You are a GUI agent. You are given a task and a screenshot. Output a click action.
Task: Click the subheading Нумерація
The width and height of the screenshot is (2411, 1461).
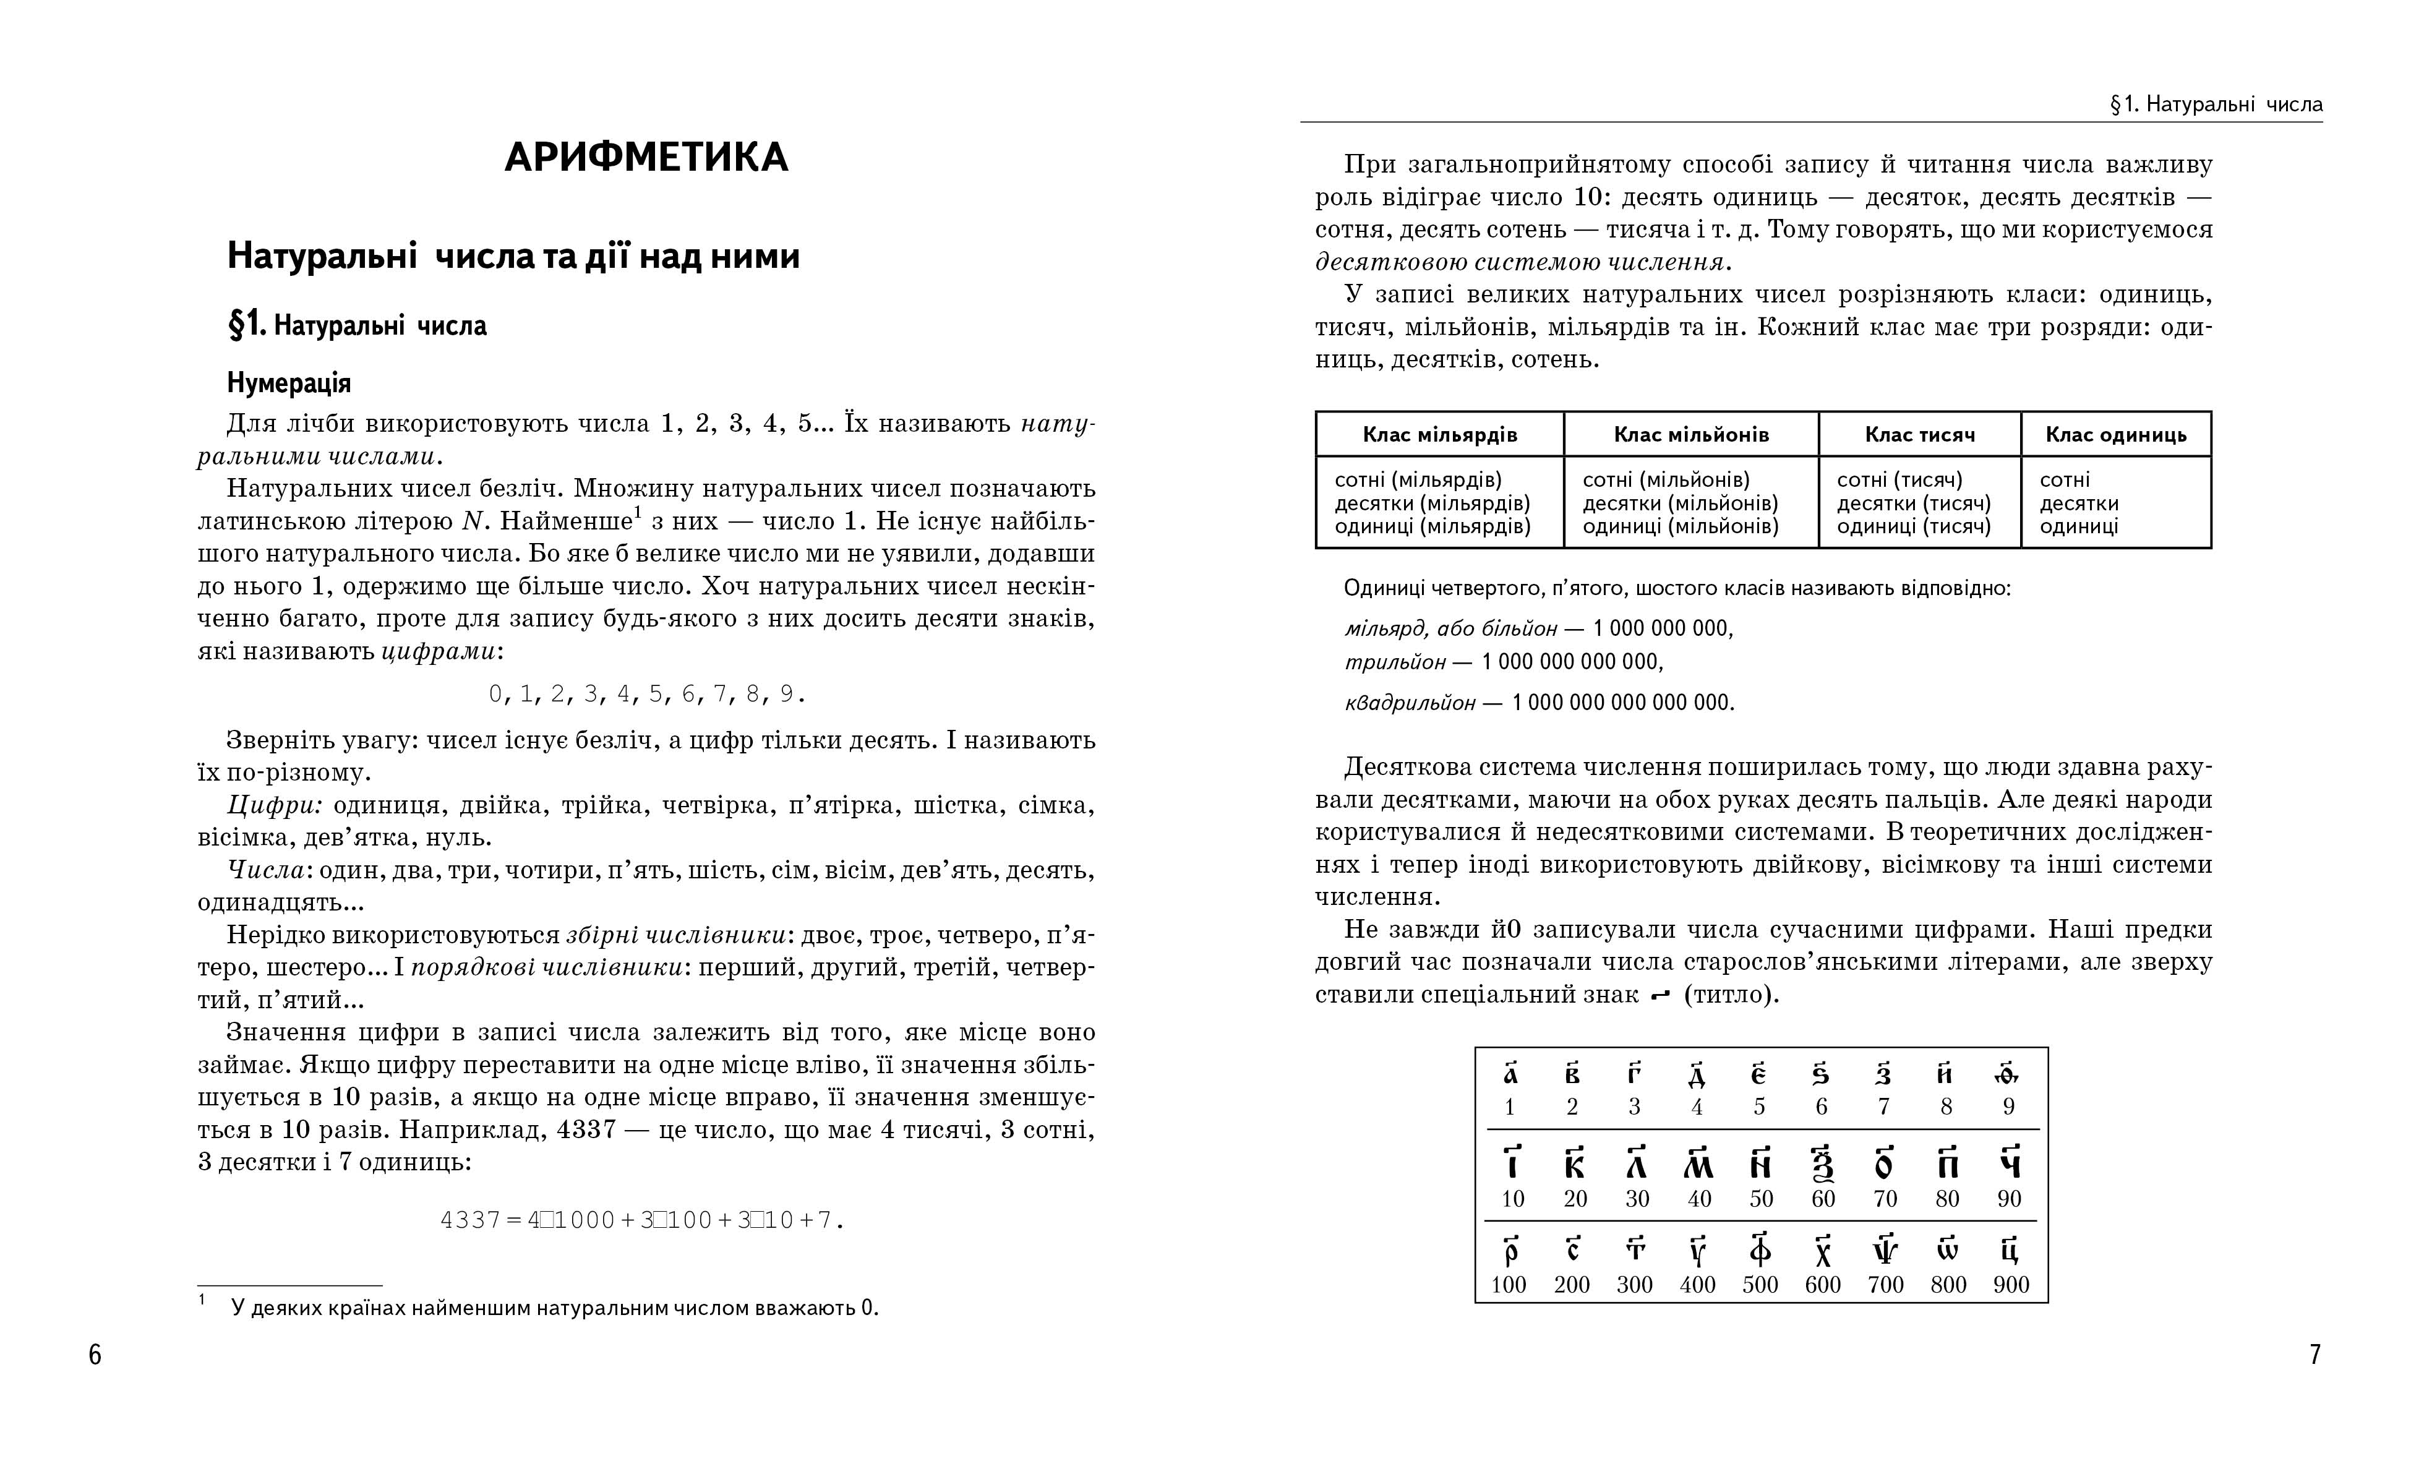289,383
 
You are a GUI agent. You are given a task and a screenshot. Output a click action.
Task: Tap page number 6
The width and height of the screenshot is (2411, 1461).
95,1355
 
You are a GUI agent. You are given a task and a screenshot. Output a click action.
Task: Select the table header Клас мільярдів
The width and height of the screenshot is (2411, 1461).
1439,434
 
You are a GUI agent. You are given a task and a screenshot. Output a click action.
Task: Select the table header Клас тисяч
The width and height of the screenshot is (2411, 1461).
1920,434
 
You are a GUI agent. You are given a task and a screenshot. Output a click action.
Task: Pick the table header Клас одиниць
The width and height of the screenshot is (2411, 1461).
2115,434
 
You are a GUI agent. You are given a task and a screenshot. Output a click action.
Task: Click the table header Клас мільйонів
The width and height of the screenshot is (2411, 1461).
1691,434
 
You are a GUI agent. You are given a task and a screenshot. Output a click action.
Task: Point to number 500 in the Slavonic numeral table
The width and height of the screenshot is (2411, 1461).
1759,1285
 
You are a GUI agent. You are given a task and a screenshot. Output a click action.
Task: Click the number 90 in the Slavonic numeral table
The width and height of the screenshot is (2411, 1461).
2009,1199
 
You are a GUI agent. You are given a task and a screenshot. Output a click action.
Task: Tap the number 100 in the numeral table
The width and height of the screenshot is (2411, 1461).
1509,1285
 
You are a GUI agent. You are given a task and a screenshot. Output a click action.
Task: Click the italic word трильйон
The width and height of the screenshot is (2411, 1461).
1394,662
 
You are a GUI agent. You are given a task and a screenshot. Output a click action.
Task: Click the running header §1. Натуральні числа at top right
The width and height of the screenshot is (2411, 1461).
2216,105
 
